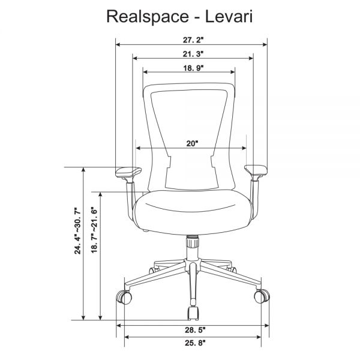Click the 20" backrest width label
pos(191,143)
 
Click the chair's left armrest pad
pos(128,173)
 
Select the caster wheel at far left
pos(124,296)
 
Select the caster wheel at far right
pos(262,296)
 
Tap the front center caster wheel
pos(193,313)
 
